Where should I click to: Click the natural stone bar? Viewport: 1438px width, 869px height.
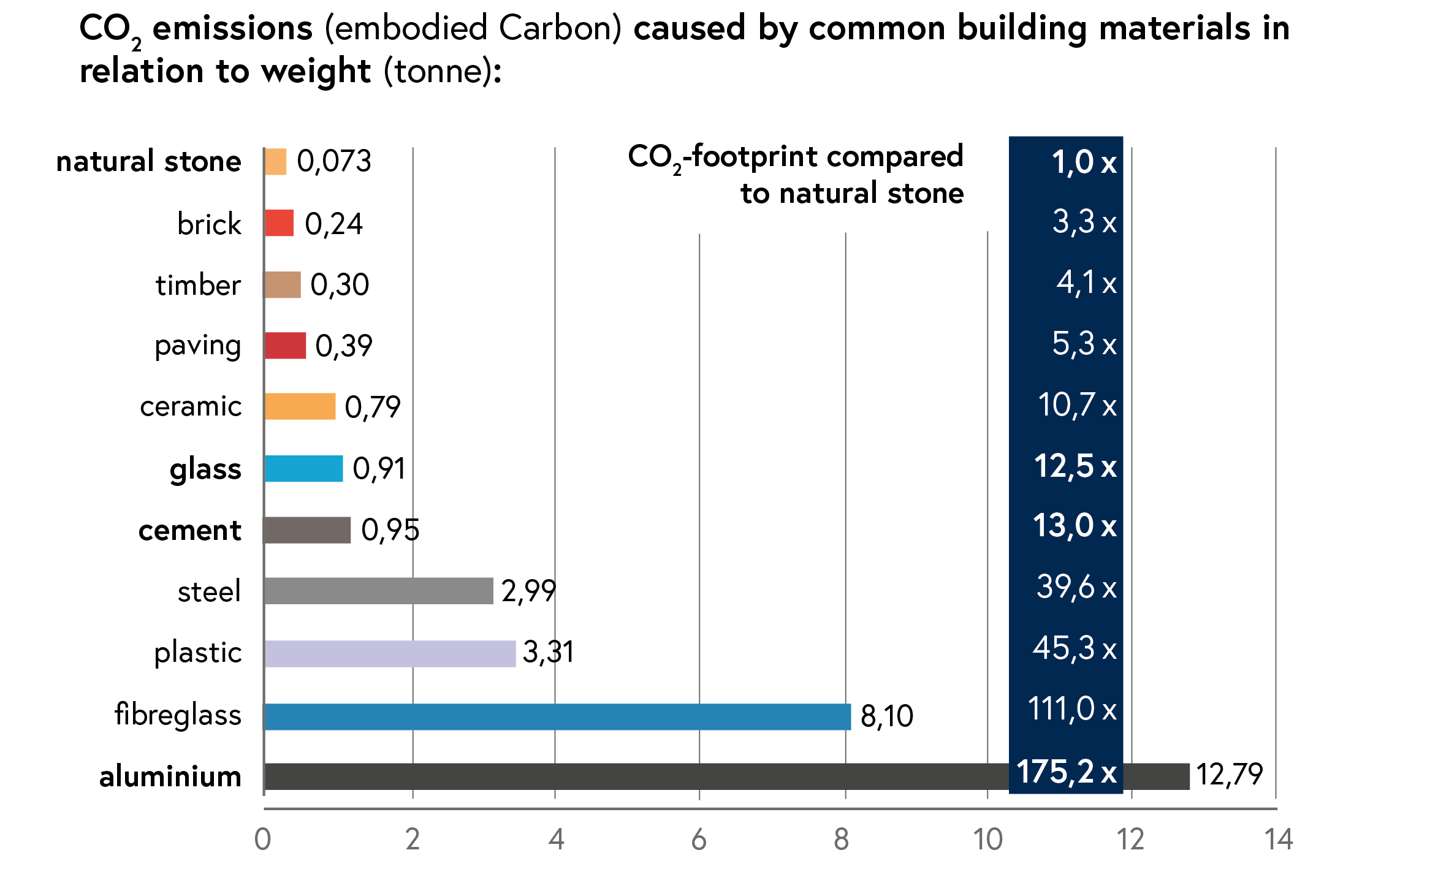(x=276, y=162)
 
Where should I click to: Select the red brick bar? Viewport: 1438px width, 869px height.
(x=280, y=223)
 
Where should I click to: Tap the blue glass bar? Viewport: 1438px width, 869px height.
(x=304, y=469)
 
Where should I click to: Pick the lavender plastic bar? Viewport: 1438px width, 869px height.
(x=390, y=653)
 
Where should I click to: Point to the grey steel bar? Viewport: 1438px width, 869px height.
(x=379, y=591)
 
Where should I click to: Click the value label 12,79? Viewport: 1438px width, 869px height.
(x=1229, y=775)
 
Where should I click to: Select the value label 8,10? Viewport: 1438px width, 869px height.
(x=886, y=716)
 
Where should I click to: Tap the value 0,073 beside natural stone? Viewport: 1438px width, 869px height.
(x=334, y=162)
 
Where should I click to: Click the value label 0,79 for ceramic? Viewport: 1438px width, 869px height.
(x=372, y=407)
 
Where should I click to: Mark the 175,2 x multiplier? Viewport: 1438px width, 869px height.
(x=1066, y=772)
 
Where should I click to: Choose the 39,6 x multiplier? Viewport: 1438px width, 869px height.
(x=1076, y=587)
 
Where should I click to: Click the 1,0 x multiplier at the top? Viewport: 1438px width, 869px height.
(x=1084, y=163)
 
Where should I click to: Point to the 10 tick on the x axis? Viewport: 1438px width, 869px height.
(x=987, y=840)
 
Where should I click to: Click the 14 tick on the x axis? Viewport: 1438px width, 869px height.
(x=1278, y=840)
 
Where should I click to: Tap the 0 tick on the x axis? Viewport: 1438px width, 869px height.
(x=263, y=840)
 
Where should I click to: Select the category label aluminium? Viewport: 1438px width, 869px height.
(x=170, y=776)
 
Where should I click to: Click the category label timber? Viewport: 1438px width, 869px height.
(x=198, y=286)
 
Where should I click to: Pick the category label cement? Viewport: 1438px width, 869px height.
(x=190, y=531)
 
